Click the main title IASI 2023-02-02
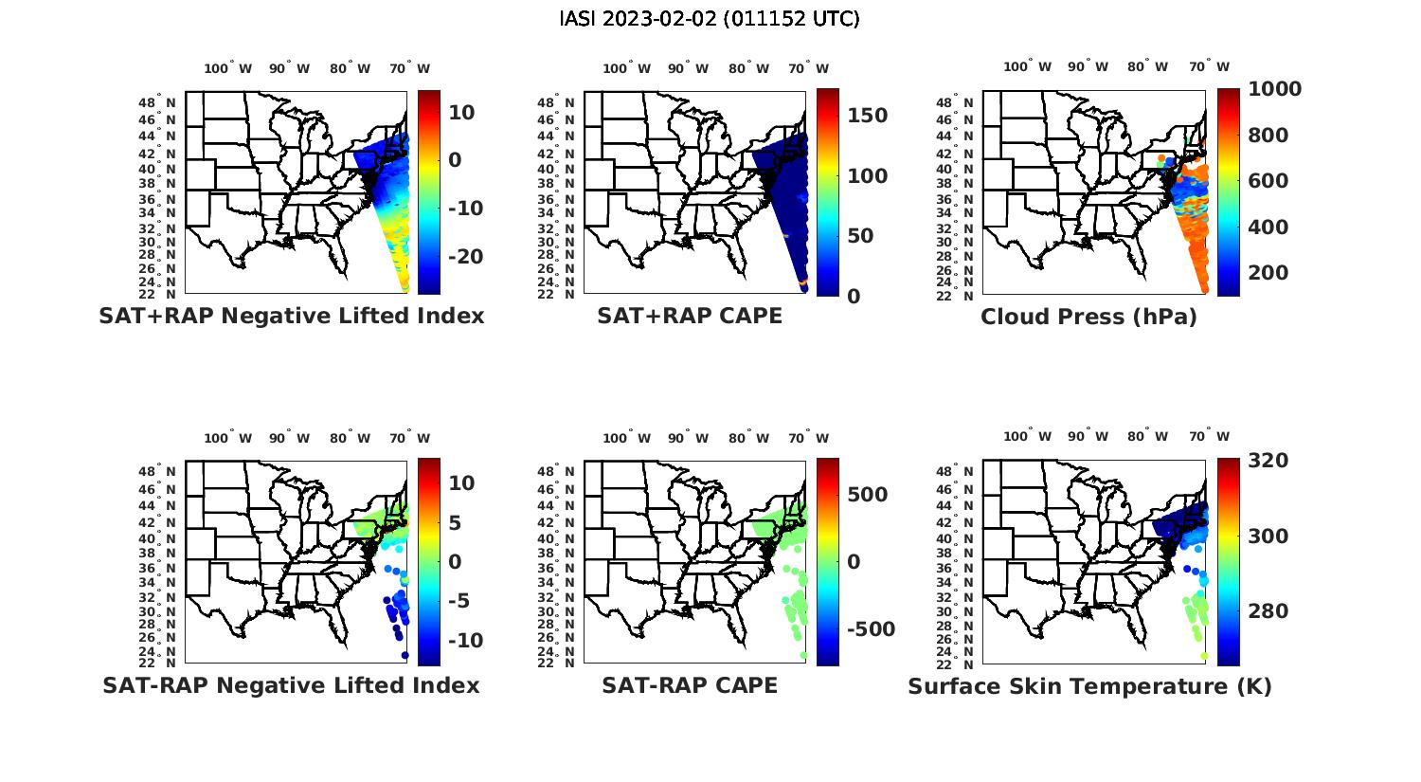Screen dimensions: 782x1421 (710, 19)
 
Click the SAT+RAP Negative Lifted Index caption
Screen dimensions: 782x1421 (292, 317)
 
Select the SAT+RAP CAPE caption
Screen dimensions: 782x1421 (690, 317)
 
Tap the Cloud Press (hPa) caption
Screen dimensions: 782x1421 (1088, 317)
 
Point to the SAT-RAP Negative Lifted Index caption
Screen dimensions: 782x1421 (292, 685)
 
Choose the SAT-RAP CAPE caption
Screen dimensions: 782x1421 (690, 685)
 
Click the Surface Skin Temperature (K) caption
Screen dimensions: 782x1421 (1089, 686)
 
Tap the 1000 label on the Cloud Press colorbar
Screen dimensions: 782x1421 (1274, 89)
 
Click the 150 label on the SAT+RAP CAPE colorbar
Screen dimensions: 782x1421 (868, 116)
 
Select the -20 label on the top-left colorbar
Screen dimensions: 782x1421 (465, 257)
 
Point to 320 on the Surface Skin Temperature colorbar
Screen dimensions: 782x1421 (1268, 461)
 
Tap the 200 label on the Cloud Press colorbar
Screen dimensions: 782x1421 (1268, 273)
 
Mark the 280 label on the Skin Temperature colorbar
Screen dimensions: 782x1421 (1268, 611)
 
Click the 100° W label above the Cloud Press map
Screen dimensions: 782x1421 (1027, 67)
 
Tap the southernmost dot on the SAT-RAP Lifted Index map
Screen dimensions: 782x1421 (405, 655)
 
